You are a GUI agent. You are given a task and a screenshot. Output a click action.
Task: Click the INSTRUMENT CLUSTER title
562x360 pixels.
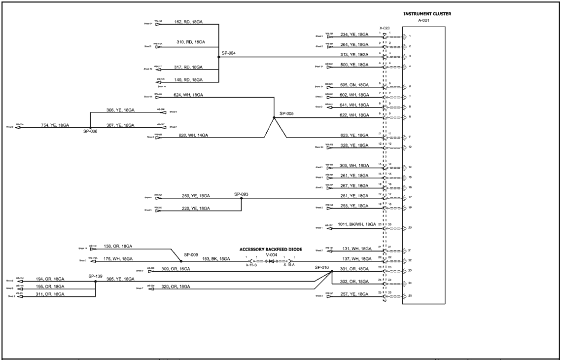click(427, 14)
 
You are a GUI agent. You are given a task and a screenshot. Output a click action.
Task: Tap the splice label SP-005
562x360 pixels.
click(286, 113)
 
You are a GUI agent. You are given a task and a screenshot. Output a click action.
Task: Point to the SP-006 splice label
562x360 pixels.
click(90, 131)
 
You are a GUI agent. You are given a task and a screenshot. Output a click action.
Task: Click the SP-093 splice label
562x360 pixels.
click(241, 194)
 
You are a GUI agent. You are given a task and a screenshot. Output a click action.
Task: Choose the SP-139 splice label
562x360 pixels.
click(96, 276)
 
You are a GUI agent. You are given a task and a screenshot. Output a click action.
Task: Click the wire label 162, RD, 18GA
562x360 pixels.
click(190, 22)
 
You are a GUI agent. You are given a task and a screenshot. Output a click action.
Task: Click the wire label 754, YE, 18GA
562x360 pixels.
click(55, 125)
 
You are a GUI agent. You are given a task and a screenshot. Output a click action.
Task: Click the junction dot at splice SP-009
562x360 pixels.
click(181, 261)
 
